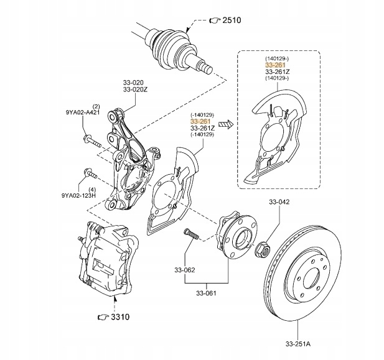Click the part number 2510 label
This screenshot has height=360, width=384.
coord(232,20)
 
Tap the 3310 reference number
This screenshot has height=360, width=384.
coord(120,317)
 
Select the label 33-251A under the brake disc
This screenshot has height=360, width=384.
coord(297,344)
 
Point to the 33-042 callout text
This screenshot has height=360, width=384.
coord(279,201)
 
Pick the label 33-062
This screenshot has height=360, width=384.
coord(185,270)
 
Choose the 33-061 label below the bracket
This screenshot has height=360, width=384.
coord(206,293)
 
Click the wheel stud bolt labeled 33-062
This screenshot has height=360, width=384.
coord(191,234)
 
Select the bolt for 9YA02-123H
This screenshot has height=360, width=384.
coord(90,173)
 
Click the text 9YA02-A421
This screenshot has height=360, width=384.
coord(83,113)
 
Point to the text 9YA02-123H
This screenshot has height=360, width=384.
coord(78,195)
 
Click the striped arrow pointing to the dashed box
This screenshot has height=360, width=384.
coord(226,124)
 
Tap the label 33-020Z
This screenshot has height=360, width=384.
coord(136,90)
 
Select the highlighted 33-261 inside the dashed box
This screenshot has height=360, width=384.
coord(275,65)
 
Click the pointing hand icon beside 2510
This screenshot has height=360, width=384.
coord(215,21)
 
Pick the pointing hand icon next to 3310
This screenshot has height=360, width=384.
coord(103,317)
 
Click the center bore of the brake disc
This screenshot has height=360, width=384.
coord(311,279)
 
